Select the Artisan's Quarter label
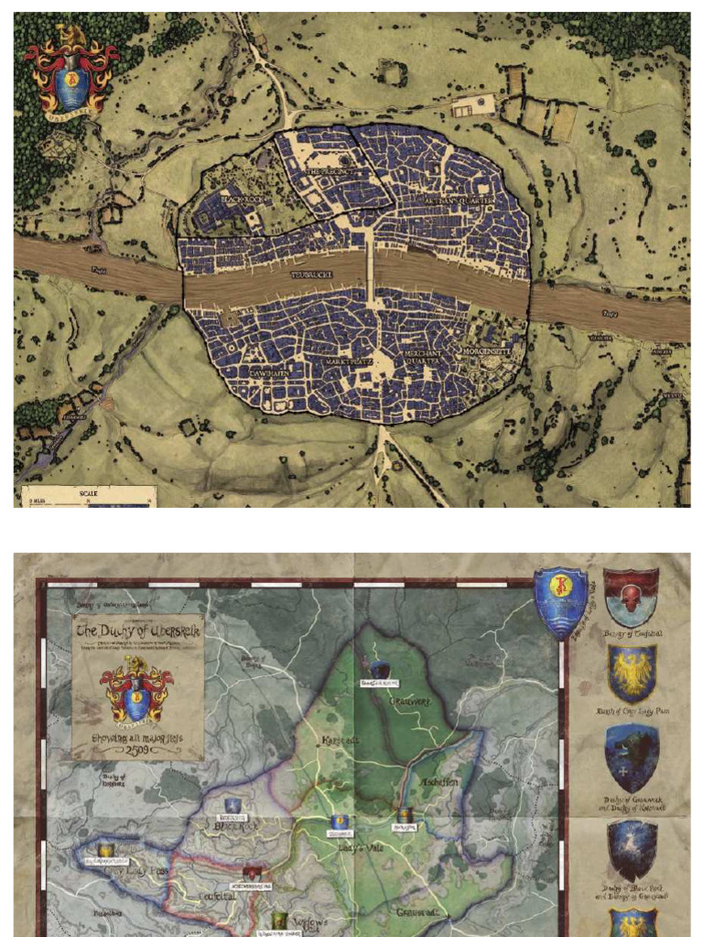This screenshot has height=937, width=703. click(460, 199)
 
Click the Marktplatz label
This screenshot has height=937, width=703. click(350, 361)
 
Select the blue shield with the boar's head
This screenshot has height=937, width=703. click(632, 758)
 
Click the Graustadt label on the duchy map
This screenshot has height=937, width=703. click(419, 913)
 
